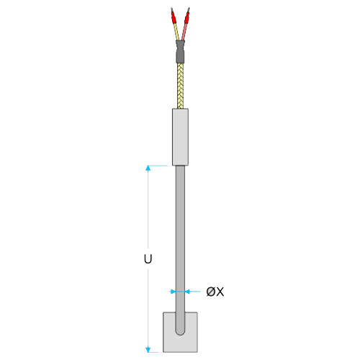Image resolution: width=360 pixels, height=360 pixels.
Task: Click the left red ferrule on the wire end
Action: [x=174, y=18]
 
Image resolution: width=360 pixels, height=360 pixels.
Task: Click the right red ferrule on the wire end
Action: [x=186, y=18]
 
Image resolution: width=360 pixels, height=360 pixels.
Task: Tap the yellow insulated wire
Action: [x=176, y=32]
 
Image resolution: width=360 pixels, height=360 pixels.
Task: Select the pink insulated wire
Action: [x=184, y=32]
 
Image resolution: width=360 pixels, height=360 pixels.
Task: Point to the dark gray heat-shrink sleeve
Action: [x=180, y=52]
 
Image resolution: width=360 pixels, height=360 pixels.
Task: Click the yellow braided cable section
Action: [x=180, y=86]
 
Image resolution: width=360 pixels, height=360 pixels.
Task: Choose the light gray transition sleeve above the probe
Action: [x=180, y=137]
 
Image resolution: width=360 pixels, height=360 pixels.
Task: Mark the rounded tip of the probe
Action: [x=180, y=333]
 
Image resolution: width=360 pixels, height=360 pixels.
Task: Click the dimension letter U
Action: [x=148, y=259]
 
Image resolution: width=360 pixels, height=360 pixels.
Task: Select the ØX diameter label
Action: [x=215, y=292]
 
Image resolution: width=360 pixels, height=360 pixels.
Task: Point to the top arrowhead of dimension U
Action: [x=148, y=168]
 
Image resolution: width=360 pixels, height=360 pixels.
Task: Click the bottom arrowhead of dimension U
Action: [x=148, y=350]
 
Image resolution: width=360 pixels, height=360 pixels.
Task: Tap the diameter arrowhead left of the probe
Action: [x=173, y=292]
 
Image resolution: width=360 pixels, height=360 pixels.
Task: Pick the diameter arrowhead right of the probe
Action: [x=188, y=292]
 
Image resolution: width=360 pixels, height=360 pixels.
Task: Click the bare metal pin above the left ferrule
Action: [x=172, y=10]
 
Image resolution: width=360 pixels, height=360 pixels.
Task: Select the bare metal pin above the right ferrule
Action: [x=189, y=10]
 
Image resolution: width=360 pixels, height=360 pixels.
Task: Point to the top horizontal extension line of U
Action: [x=156, y=166]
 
